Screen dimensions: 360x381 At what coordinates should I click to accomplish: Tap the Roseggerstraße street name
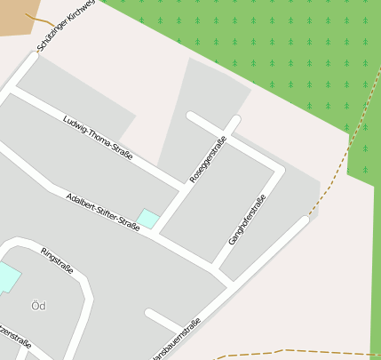pos(209,159)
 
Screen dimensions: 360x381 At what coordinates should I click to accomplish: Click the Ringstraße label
pos(58,260)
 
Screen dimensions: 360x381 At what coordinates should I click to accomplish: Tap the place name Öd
pos(38,306)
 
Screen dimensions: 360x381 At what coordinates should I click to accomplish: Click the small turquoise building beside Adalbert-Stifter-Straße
pos(147,219)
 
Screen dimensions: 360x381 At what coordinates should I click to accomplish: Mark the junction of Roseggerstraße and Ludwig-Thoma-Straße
pos(182,185)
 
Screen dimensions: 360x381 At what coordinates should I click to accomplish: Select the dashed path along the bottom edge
pos(293,352)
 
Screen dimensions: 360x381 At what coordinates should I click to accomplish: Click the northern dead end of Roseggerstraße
pos(235,121)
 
